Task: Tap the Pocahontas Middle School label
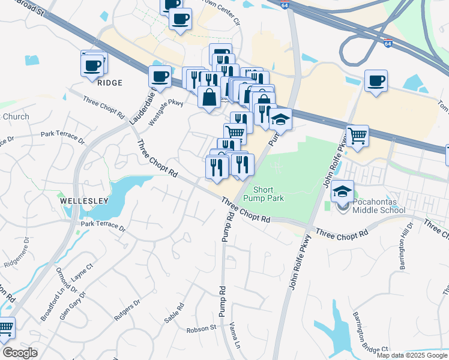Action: click(378, 205)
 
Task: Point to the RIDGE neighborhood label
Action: click(109, 83)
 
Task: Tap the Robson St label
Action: click(201, 328)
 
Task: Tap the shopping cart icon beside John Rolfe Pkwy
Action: click(357, 136)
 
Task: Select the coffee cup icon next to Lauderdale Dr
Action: click(160, 76)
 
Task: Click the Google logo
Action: click(19, 353)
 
